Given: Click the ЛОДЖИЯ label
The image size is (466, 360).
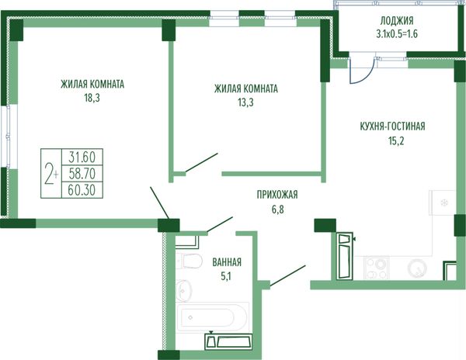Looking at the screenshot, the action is (397, 21).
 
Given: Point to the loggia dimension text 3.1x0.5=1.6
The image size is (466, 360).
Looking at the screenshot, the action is (397, 34).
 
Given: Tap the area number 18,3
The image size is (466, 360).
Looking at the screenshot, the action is (92, 98).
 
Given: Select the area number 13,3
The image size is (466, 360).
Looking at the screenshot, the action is (245, 102).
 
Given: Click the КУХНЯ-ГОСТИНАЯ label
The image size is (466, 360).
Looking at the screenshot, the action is (392, 126).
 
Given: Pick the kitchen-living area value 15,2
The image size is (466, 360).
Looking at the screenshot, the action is (396, 140).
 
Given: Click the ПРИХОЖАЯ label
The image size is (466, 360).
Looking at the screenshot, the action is (277, 195).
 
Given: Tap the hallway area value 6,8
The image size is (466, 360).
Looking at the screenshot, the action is (277, 209).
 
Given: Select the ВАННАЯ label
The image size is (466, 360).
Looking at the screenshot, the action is (227, 262).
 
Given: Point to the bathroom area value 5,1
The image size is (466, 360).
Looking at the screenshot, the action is (225, 277).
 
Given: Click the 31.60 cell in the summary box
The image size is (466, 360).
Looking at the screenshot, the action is (82, 157).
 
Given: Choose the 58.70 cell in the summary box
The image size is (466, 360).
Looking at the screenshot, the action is (82, 173).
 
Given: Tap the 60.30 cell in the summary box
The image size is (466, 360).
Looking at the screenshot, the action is (82, 190).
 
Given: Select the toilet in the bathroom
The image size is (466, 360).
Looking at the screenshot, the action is (189, 261).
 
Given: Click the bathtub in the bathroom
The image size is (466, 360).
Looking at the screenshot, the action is (212, 317).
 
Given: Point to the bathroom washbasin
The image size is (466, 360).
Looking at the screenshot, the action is (184, 290).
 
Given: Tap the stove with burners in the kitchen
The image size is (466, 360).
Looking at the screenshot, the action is (377, 268).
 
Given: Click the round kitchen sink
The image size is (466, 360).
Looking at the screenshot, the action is (418, 268).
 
